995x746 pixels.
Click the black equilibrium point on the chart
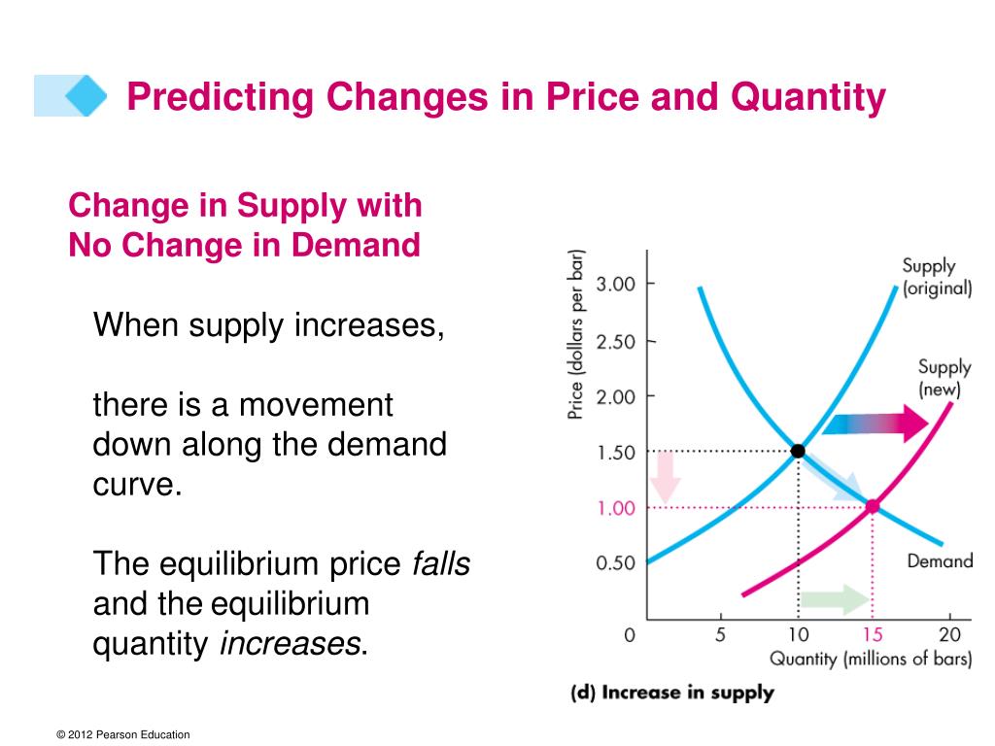[x=798, y=451]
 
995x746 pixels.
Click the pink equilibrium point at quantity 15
[x=872, y=506]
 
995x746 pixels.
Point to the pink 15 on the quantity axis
[x=872, y=635]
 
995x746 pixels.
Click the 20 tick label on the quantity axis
[x=948, y=635]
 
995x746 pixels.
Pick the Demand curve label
[x=939, y=561]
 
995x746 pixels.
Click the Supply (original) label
[x=936, y=277]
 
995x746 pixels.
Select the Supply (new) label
[x=944, y=378]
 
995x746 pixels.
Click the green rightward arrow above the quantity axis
[x=837, y=599]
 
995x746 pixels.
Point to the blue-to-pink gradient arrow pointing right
[x=875, y=423]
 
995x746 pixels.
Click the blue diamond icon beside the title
[x=86, y=95]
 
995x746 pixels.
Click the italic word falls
[x=441, y=564]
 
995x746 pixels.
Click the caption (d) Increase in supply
[x=670, y=693]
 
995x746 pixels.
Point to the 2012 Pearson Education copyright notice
[x=123, y=735]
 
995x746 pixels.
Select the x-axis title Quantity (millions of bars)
[x=871, y=661]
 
